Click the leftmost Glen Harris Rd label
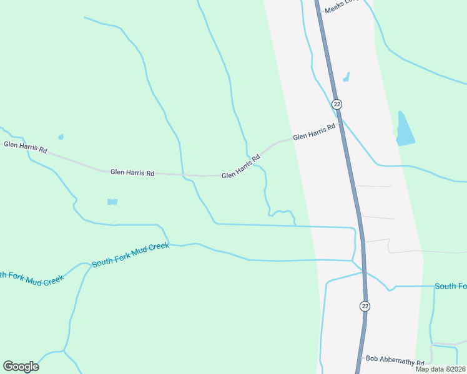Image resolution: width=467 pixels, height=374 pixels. pos(26,147)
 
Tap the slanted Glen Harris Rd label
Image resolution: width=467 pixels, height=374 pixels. pos(241,168)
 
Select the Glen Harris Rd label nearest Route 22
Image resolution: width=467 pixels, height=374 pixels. pos(314,131)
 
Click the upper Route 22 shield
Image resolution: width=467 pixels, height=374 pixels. pos(337,103)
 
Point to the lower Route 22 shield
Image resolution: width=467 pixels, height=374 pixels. pos(365,305)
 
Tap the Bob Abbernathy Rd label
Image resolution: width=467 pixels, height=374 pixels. pos(395,360)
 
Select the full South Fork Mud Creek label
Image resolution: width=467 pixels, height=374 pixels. pos(130,255)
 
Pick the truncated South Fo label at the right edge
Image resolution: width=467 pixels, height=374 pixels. pos(451,286)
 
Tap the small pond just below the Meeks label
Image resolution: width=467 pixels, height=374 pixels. pos(346,77)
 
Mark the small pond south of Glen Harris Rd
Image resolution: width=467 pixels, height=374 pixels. pos(112,202)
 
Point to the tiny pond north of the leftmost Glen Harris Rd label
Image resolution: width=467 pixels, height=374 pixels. pos(61,137)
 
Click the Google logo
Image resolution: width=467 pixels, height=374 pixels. pos(21,366)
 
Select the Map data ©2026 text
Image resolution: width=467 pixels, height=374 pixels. pos(440,369)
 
